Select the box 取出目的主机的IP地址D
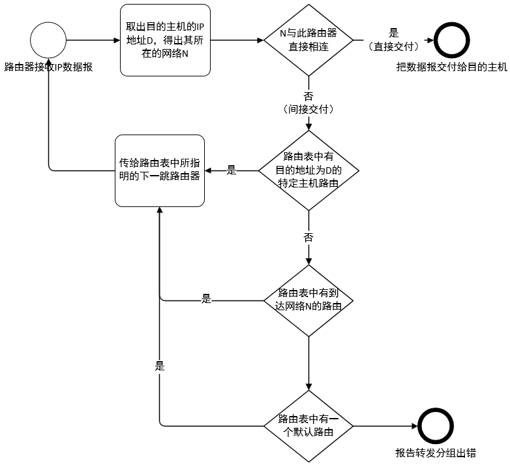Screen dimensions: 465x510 pos(166,40)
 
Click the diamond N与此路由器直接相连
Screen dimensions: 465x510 pos(308,40)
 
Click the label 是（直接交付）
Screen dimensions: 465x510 pos(393,39)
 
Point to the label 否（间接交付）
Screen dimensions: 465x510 pos(308,103)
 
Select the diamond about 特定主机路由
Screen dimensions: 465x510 pos(308,170)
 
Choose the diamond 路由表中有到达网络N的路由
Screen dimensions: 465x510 pos(308,300)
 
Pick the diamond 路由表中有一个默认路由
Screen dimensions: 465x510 pos(308,426)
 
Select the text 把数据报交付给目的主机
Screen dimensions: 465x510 pos(451,67)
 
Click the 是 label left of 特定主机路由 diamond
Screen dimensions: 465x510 pos(232,170)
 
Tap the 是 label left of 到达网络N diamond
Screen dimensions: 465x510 pos(207,300)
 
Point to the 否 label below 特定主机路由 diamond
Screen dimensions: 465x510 pos(308,237)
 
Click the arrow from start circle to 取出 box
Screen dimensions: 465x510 pos(93,40)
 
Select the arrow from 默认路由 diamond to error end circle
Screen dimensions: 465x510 pos(385,426)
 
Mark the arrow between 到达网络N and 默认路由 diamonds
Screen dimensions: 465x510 pos(308,362)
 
